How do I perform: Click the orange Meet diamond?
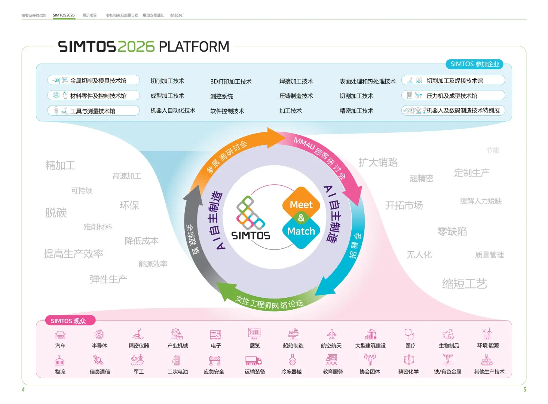301,204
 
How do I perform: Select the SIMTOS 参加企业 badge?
474,64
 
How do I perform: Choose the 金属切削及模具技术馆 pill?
94,80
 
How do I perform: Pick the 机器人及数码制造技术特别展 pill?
453,110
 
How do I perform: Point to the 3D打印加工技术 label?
231,82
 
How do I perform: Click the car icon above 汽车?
60,334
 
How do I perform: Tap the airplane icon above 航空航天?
331,334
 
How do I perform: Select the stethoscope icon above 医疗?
409,334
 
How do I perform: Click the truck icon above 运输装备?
253,361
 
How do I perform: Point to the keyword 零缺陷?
452,231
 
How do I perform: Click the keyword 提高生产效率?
73,254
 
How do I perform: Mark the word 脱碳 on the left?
56,212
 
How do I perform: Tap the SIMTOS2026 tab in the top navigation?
64,15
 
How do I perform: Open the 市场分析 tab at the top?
177,15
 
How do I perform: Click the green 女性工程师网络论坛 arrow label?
269,303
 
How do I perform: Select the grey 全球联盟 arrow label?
192,239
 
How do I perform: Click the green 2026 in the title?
136,47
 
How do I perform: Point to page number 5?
524,389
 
